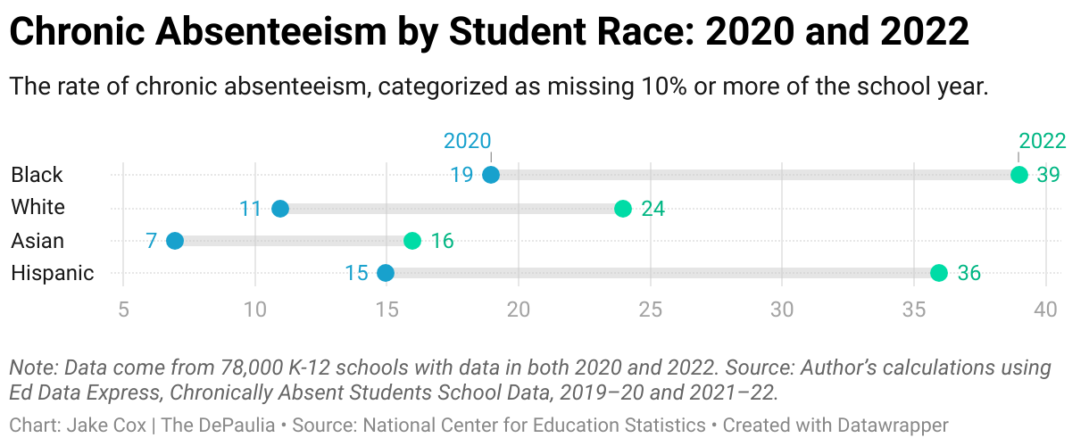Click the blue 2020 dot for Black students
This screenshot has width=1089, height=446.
490,175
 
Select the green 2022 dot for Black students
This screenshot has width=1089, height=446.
1019,175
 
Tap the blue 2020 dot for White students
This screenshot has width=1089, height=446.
280,209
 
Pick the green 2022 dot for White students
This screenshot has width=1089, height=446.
623,209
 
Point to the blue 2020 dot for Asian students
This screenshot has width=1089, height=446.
175,241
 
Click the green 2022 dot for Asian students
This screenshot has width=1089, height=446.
411,241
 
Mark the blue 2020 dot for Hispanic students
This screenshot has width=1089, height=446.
386,273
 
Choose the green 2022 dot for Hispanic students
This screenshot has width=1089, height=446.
939,273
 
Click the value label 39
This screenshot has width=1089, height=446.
1048,175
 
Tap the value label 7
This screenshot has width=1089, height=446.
152,241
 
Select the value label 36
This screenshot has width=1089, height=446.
968,273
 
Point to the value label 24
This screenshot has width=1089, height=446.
653,209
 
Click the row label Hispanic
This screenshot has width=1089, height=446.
52,273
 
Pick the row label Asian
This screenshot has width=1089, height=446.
37,241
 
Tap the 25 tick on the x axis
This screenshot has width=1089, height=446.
651,310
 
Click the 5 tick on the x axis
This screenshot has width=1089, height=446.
123,310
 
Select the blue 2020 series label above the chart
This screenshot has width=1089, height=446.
468,141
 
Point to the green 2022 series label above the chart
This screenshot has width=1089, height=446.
1043,141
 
